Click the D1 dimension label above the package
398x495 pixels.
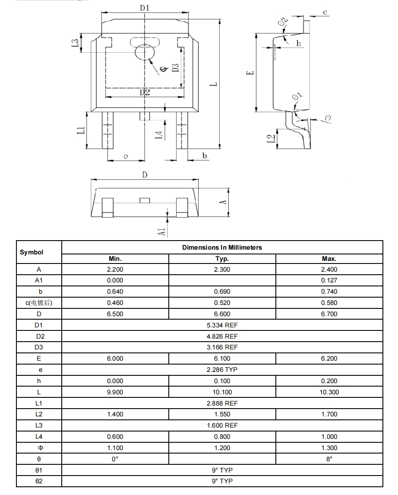click(145, 7)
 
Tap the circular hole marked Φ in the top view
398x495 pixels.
click(145, 52)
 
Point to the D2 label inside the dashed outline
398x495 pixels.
click(145, 92)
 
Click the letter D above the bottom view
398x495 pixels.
click(145, 175)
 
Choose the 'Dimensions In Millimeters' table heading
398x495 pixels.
click(222, 247)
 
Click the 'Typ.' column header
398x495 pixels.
click(222, 259)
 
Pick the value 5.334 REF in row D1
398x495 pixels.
click(222, 325)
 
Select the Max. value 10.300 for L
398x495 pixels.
click(329, 392)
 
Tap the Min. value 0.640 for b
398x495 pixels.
click(115, 292)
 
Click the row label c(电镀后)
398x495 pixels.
click(39, 303)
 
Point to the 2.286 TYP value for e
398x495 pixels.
click(222, 370)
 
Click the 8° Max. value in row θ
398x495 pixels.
click(329, 459)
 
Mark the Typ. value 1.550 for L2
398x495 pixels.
click(222, 414)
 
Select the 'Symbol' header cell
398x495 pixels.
click(32, 252)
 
